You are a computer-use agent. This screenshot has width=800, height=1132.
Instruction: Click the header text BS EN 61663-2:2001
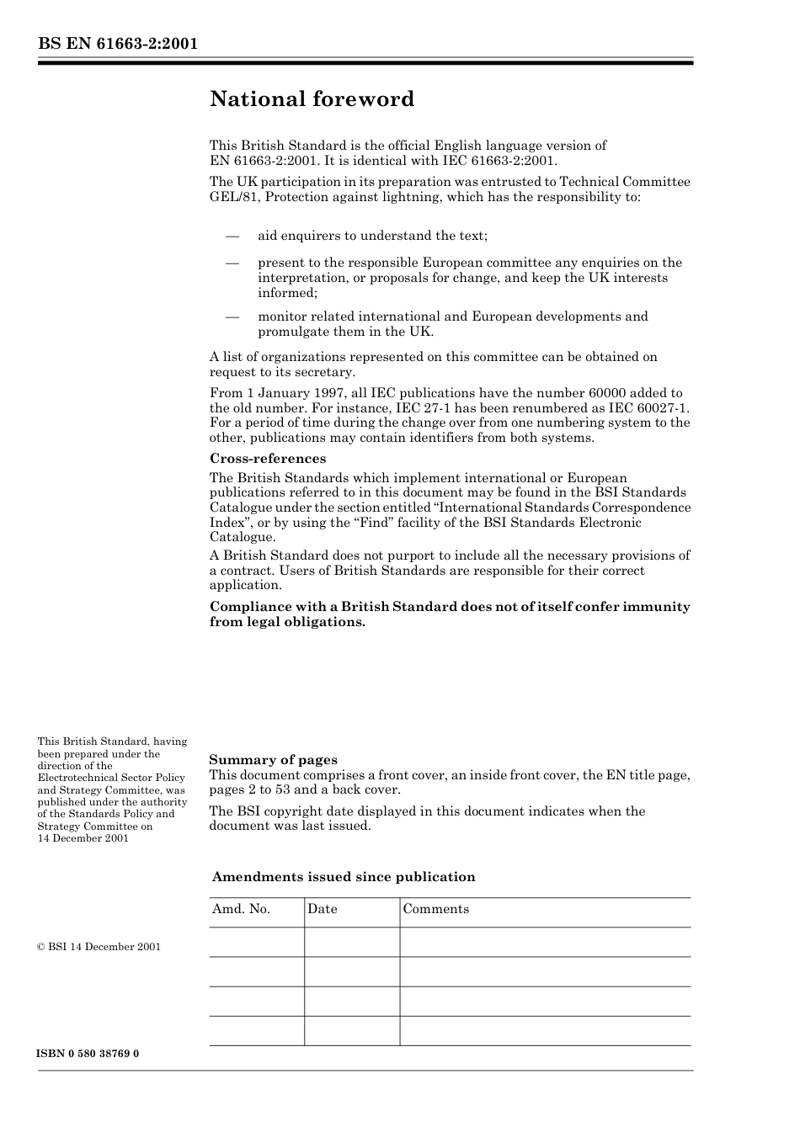point(117,44)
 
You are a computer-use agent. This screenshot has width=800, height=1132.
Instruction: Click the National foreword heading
point(312,99)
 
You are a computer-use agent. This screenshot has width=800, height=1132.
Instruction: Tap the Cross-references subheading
point(267,459)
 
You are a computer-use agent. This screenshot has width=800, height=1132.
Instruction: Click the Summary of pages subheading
point(273,760)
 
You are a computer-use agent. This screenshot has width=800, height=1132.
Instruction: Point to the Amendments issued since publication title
point(343,877)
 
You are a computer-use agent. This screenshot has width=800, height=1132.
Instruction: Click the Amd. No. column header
point(241,909)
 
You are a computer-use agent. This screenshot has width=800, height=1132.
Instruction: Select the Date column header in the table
point(322,909)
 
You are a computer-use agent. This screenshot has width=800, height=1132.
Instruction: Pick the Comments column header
point(435,909)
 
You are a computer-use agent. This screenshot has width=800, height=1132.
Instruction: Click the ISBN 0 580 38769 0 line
point(88,1054)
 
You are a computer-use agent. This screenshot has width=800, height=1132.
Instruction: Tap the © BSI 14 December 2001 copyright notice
point(99,947)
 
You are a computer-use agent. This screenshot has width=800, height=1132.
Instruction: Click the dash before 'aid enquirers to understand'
point(232,236)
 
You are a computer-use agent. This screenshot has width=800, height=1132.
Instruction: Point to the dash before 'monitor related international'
point(232,317)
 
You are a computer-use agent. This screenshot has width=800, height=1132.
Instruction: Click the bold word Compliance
point(249,607)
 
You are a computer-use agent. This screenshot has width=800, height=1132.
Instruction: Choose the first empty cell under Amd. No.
point(257,943)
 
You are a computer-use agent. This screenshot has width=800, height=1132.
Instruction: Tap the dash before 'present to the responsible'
point(232,263)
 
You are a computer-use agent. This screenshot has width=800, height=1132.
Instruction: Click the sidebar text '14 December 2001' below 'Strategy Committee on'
point(83,838)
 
